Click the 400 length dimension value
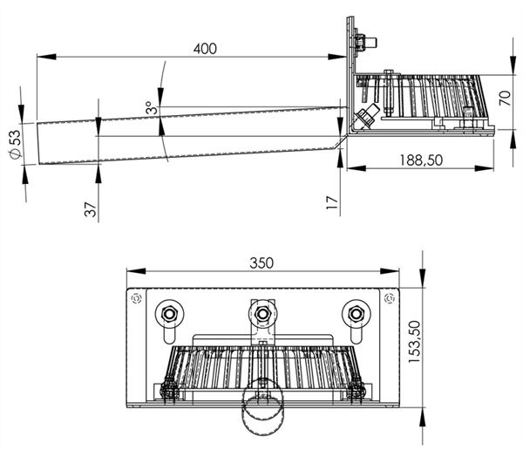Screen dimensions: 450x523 click(x=205, y=49)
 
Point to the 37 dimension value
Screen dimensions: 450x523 click(x=88, y=211)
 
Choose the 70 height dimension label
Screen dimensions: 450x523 click(x=503, y=97)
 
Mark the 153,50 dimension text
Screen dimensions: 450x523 click(x=416, y=344)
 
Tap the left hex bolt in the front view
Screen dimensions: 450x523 click(x=169, y=314)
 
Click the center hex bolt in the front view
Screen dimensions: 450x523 click(x=262, y=314)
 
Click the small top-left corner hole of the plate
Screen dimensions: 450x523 click(x=135, y=299)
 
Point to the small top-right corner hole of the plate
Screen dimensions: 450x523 click(x=389, y=299)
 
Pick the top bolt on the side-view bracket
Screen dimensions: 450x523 click(x=360, y=41)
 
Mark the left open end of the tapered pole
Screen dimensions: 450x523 click(x=38, y=145)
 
